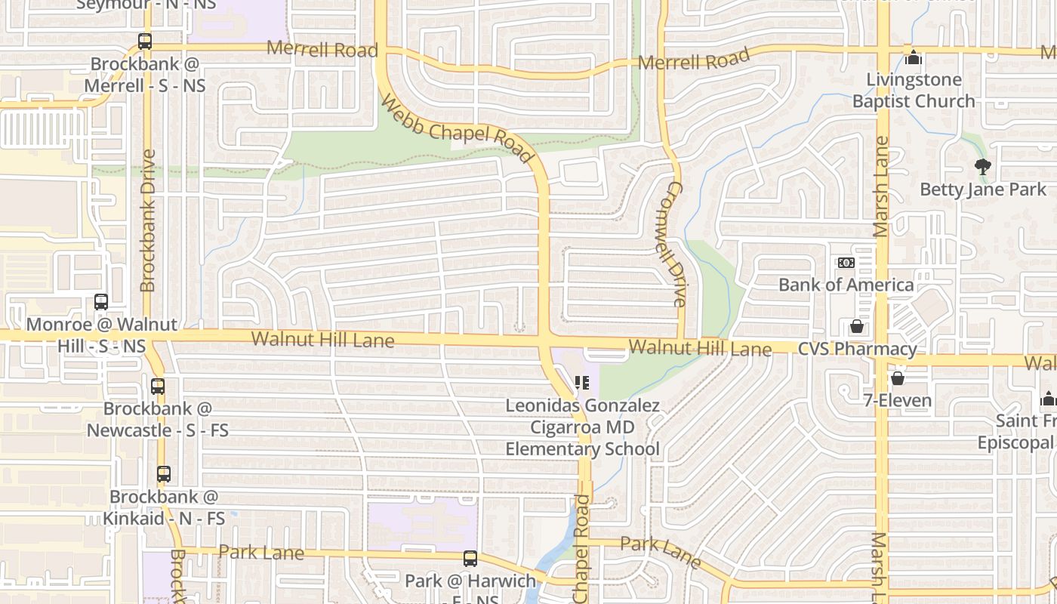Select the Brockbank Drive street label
(x=147, y=220)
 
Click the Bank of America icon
(x=846, y=263)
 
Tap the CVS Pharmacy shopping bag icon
(x=857, y=326)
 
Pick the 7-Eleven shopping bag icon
(x=898, y=377)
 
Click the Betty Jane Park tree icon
(x=982, y=167)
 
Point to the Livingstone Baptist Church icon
(x=914, y=57)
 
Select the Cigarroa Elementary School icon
(x=581, y=383)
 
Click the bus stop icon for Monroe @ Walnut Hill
(x=101, y=302)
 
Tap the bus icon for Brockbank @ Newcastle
(x=158, y=387)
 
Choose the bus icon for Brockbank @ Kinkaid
(x=164, y=475)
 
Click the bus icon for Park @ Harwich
(x=470, y=559)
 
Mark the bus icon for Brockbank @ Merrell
(x=145, y=42)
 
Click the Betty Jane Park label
(x=983, y=190)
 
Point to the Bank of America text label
(x=846, y=285)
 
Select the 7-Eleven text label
(x=898, y=400)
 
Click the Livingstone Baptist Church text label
(x=914, y=91)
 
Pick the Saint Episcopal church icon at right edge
(x=1047, y=399)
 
